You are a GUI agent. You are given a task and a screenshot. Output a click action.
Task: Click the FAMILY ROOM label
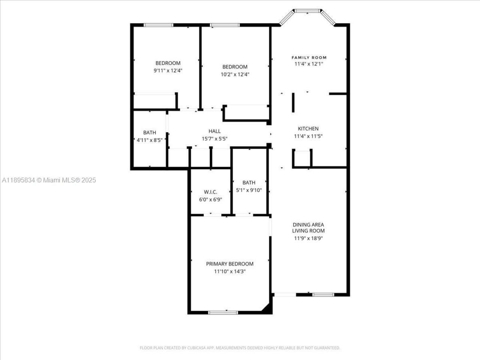pyautogui.click(x=309, y=57)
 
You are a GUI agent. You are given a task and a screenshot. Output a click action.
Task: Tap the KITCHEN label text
pyautogui.click(x=308, y=129)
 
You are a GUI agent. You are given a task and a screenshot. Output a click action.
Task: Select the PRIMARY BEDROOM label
pyautogui.click(x=229, y=264)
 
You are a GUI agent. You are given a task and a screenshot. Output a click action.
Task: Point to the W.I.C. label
pyautogui.click(x=210, y=192)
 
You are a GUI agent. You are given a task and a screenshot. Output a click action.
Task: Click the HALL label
pyautogui.click(x=214, y=131)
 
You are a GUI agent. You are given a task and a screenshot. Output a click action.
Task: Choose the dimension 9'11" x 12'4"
pyautogui.click(x=168, y=70)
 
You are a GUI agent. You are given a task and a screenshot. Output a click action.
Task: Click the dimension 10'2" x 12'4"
pyautogui.click(x=235, y=74)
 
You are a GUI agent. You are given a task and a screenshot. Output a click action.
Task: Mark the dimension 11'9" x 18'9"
pyautogui.click(x=308, y=238)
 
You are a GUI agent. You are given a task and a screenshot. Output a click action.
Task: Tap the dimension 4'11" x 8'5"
pyautogui.click(x=149, y=140)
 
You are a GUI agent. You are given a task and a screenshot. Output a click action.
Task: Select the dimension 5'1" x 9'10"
pyautogui.click(x=249, y=190)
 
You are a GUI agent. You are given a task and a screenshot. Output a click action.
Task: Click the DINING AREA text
pyautogui.click(x=308, y=225)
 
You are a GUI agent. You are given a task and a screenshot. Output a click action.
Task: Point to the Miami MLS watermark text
pyautogui.click(x=49, y=180)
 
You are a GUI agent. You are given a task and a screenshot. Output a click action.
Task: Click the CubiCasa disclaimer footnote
pyautogui.click(x=240, y=348)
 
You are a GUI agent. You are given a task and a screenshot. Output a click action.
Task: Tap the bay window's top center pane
pyautogui.click(x=308, y=11)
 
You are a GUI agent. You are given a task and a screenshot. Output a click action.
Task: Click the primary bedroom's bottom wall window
pyautogui.click(x=223, y=312)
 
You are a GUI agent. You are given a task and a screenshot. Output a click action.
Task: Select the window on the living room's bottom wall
pyautogui.click(x=323, y=295)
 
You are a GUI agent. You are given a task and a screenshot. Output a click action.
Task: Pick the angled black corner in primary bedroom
pyautogui.click(x=267, y=307)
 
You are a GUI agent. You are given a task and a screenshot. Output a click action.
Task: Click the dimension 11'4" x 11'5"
pyautogui.click(x=308, y=136)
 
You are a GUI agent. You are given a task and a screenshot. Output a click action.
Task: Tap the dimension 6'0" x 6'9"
pyautogui.click(x=210, y=199)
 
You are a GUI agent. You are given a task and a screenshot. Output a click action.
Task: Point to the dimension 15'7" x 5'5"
pyautogui.click(x=214, y=138)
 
